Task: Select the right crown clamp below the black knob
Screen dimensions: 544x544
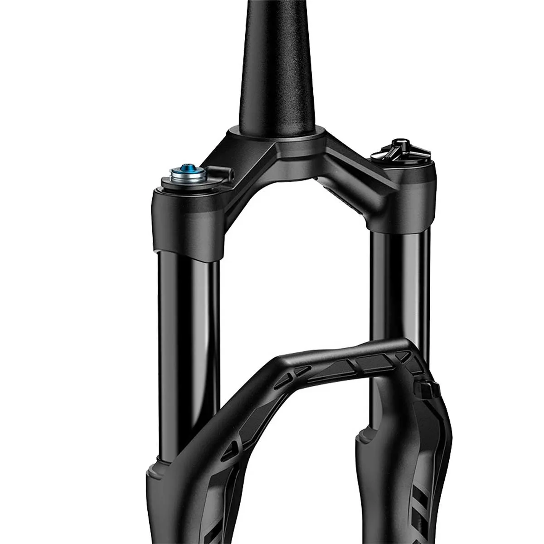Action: (x=399, y=199)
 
